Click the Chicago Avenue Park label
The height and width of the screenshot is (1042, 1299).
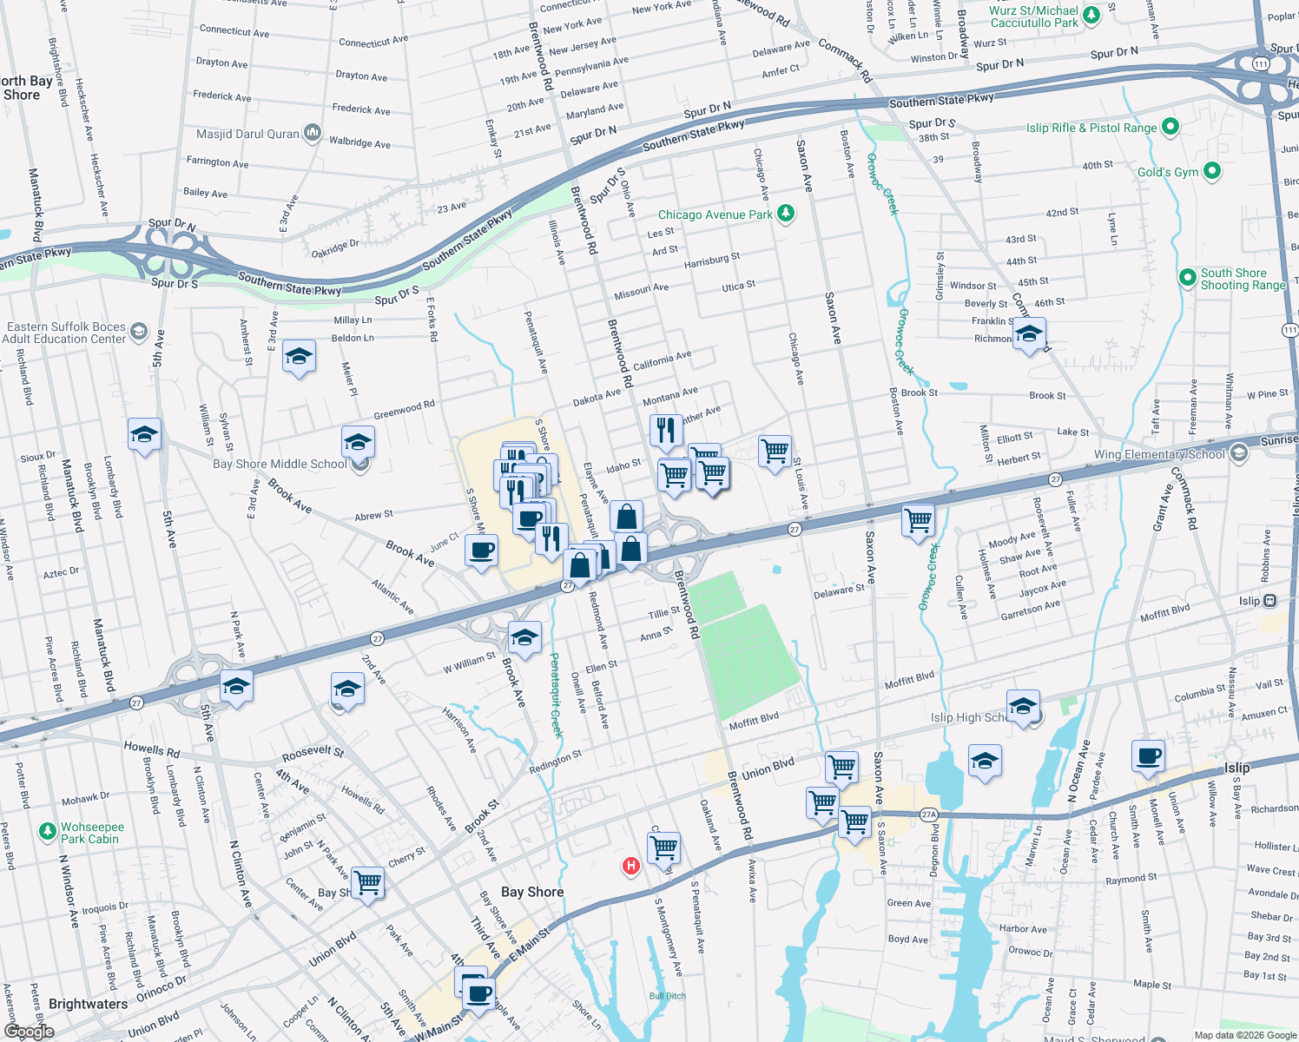coord(715,214)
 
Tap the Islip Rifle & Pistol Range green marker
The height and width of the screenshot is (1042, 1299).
coord(1170,127)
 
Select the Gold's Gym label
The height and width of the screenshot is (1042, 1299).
coord(1167,172)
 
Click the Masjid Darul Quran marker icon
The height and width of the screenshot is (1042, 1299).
coord(313,134)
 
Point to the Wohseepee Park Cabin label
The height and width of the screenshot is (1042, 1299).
coord(91,833)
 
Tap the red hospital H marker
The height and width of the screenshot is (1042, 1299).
coord(631,866)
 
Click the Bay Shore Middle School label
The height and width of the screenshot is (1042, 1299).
coord(280,464)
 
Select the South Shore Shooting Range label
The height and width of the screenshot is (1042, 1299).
coord(1243,279)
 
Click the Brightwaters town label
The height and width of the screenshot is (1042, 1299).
coord(88,1004)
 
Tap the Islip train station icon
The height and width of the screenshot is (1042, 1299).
coord(1270,600)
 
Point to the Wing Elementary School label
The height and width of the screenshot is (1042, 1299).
coord(1158,454)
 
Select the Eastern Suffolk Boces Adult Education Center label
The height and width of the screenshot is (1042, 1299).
coord(66,333)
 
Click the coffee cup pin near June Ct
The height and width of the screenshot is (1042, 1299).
coord(482,551)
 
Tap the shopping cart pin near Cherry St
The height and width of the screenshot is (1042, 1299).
coord(367,882)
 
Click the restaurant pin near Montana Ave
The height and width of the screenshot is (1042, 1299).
coord(666,430)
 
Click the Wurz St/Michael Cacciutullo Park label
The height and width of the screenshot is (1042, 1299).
coord(1033,16)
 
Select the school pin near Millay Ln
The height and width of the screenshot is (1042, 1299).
coord(299,356)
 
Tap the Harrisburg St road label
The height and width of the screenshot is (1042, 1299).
coord(711,260)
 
